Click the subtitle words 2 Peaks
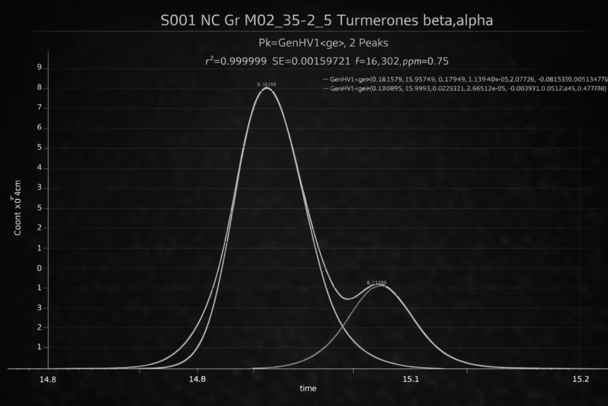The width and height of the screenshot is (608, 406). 366,43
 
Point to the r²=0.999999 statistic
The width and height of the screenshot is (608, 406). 236,61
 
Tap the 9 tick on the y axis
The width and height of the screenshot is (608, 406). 39,68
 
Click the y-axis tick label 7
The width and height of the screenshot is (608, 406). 39,108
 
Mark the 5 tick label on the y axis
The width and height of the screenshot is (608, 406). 39,148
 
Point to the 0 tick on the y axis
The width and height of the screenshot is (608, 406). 39,268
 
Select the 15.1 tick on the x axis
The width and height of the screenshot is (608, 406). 411,380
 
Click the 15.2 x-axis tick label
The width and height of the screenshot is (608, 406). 580,380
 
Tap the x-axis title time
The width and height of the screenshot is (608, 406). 308,389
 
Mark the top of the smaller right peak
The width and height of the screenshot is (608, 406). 378,286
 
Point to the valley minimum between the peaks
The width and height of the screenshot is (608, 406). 349,299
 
